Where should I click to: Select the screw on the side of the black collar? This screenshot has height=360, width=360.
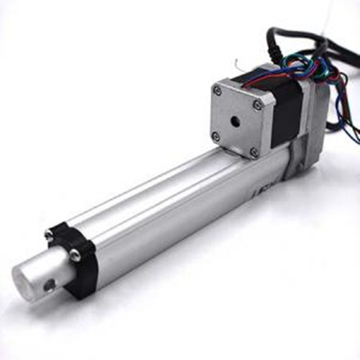75,253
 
